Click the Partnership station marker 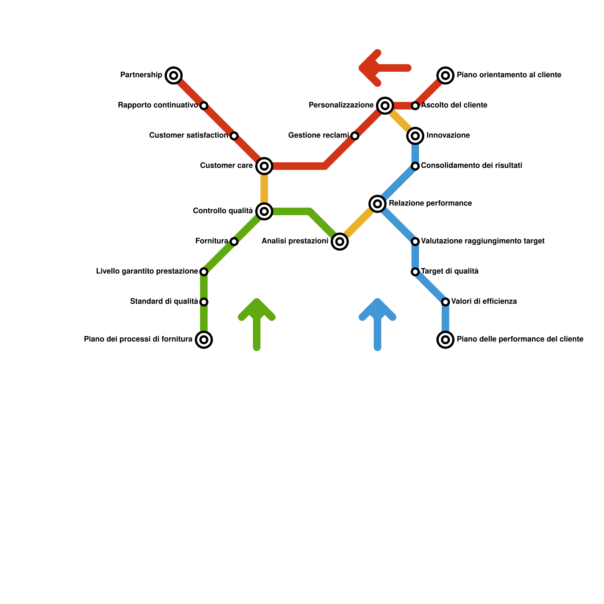[174, 75]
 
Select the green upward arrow [257, 325]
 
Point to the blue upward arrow [377, 325]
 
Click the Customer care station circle [264, 166]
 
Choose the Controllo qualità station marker [264, 211]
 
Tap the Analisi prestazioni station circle [340, 242]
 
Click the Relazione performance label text [430, 203]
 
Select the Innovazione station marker [415, 136]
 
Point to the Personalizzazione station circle [385, 106]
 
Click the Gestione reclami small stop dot [355, 136]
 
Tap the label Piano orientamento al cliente [508, 75]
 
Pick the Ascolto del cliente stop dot [415, 106]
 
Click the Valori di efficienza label [484, 302]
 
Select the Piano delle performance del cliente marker [445, 340]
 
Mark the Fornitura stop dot [234, 242]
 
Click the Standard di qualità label [164, 302]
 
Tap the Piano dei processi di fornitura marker [204, 340]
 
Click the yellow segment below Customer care [264, 189]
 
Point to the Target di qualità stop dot [415, 272]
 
